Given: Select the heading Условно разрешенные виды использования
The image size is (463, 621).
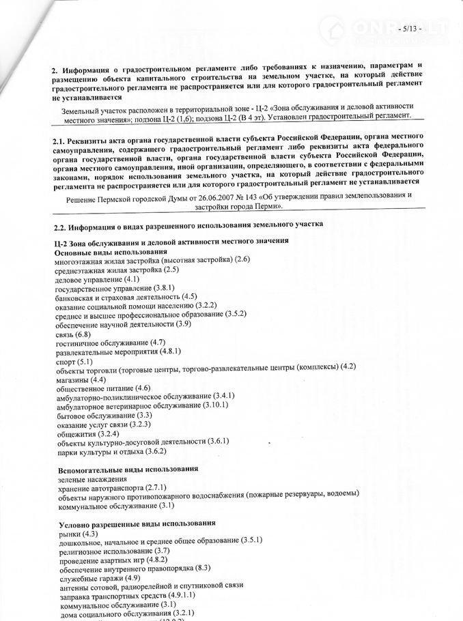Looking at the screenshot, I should click(137, 523).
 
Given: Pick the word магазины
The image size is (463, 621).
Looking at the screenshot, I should click(72, 378).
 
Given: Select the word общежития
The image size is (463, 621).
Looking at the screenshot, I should click(76, 433).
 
